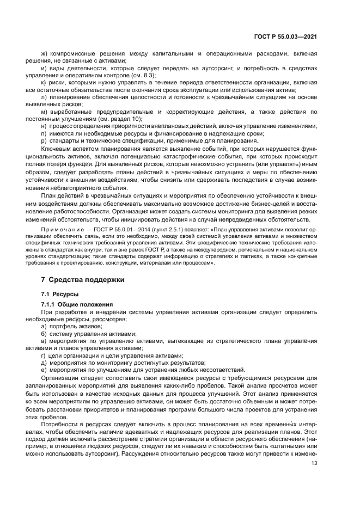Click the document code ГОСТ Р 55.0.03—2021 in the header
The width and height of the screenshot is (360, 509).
285,36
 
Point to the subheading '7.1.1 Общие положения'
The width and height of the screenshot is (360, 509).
77,304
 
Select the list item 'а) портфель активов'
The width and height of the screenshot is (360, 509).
71,326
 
